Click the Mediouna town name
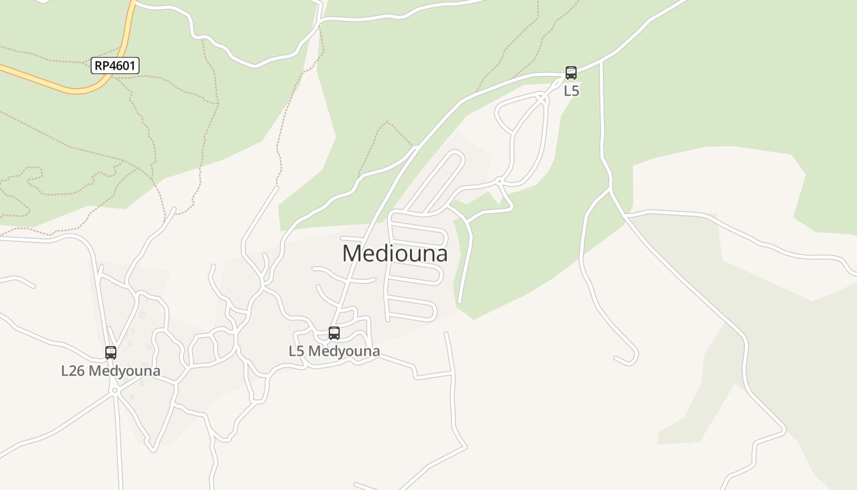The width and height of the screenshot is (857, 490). click(395, 254)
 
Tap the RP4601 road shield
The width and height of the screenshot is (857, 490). click(115, 66)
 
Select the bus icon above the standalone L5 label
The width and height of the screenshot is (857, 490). click(571, 73)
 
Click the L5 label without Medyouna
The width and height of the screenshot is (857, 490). click(571, 91)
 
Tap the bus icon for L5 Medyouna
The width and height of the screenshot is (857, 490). click(334, 333)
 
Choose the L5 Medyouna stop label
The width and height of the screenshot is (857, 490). click(334, 352)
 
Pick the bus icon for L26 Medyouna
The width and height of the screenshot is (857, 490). click(111, 353)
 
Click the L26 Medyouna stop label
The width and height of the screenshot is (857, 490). click(111, 371)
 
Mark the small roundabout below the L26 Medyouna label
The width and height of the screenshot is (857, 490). click(114, 390)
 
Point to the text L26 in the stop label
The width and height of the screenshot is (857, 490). click(72, 371)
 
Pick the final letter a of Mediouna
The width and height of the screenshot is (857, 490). click(441, 254)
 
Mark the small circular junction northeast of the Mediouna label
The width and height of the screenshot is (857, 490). click(500, 181)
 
